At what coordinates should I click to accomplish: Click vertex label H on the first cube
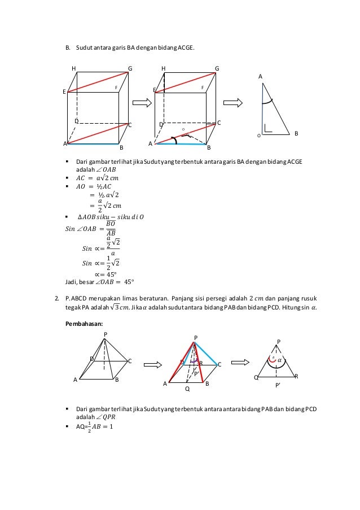(x=73, y=68)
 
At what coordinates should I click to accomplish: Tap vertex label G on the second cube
(x=217, y=68)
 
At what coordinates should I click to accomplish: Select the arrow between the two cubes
(x=142, y=102)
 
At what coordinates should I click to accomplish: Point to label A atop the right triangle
(x=260, y=75)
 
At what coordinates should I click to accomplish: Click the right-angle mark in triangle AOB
(x=268, y=129)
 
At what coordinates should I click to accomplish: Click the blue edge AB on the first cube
(x=93, y=144)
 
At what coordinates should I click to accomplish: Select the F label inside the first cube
(x=116, y=88)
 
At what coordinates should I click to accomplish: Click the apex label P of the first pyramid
(x=105, y=334)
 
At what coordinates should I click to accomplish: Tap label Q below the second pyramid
(x=187, y=389)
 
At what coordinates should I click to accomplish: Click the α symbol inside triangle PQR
(x=279, y=360)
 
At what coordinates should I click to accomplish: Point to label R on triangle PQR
(x=296, y=376)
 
